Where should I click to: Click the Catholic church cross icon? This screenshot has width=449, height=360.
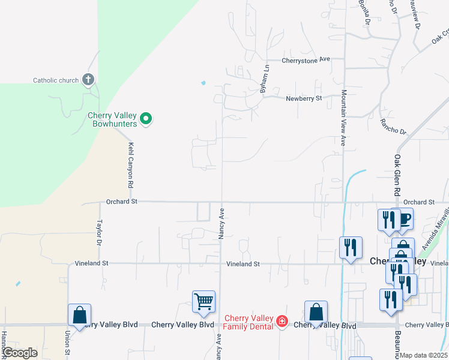click(x=88, y=79)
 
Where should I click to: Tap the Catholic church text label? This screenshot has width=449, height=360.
click(x=56, y=80)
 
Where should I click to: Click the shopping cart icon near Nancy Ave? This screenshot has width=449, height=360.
click(x=203, y=302)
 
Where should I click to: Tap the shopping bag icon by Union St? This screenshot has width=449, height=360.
click(x=79, y=314)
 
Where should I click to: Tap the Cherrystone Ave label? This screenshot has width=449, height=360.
click(x=306, y=60)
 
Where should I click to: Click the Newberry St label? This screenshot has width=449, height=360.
click(x=304, y=98)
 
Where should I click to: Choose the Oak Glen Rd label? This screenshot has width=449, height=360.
click(x=397, y=175)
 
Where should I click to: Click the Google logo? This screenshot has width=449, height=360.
click(x=20, y=353)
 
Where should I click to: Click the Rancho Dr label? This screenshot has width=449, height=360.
click(x=393, y=126)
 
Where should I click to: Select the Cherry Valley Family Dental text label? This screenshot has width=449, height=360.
click(x=248, y=322)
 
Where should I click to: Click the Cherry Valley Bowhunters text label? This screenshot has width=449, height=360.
click(x=113, y=120)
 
